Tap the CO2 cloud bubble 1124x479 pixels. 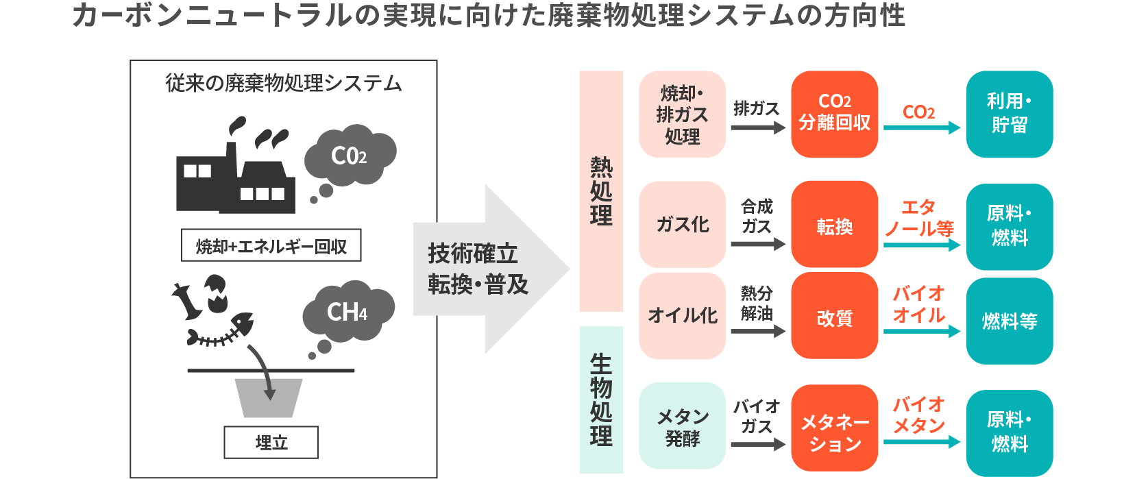(350, 156)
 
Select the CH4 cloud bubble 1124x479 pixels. (349, 311)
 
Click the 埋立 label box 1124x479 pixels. (271, 442)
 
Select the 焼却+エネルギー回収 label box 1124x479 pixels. (271, 245)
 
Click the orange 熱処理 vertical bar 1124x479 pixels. (601, 191)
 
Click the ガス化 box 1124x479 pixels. (682, 224)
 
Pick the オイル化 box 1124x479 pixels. (682, 315)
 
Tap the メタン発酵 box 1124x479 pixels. (682, 426)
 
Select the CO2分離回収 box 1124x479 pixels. (834, 114)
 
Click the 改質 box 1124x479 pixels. (834, 317)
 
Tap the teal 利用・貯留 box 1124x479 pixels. (1009, 114)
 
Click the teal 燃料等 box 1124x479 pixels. (1009, 321)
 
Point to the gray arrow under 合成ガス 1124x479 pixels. (757, 244)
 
